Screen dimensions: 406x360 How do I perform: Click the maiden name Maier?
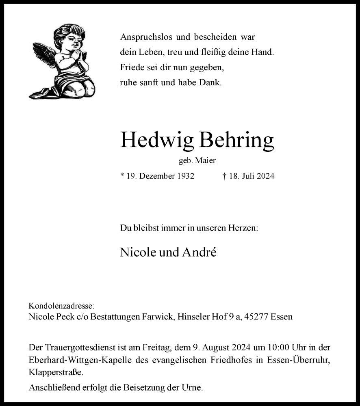206,161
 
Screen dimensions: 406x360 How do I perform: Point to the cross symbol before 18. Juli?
224,176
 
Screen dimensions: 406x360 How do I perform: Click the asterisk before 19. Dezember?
122,176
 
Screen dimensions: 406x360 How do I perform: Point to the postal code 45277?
259,317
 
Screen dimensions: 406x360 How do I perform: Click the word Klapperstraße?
56,372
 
